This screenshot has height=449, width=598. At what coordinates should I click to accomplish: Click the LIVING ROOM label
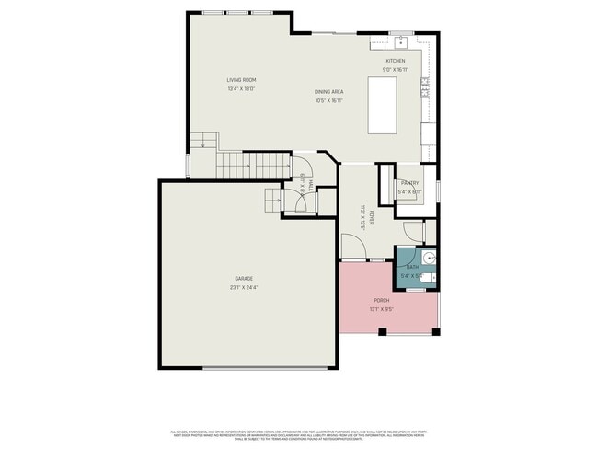241,80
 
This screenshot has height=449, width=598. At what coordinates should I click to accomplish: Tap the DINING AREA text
328,92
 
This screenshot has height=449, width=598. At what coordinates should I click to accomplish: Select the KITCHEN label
395,61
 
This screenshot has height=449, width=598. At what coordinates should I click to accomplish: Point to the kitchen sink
401,43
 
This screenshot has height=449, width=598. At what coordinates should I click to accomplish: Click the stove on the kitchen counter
425,87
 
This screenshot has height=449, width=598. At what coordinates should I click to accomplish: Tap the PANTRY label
409,183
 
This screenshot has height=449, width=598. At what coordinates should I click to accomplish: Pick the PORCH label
381,301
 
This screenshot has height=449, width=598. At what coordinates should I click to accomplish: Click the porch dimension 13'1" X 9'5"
381,309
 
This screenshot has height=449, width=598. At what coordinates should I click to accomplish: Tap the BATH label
412,267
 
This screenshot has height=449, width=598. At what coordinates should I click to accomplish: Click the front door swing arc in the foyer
351,245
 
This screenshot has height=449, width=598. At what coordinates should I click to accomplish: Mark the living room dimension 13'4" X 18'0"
241,88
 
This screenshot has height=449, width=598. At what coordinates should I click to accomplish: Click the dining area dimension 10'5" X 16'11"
328,100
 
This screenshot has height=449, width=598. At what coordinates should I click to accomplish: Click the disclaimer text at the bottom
299,433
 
